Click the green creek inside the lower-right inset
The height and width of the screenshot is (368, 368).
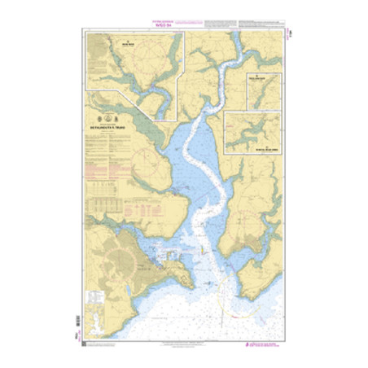coord(252,130)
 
